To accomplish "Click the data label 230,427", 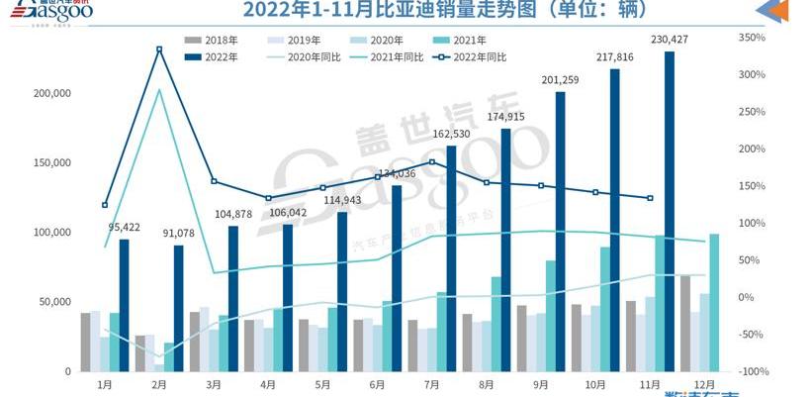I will [670, 40].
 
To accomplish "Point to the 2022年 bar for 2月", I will [178, 308].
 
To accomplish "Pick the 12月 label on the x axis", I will [703, 384].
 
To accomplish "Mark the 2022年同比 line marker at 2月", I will [158, 50].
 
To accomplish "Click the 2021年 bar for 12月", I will [713, 302].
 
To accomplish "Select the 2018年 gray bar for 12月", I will [684, 323].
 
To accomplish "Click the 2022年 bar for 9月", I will [560, 232].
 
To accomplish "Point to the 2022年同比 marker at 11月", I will [650, 198].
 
